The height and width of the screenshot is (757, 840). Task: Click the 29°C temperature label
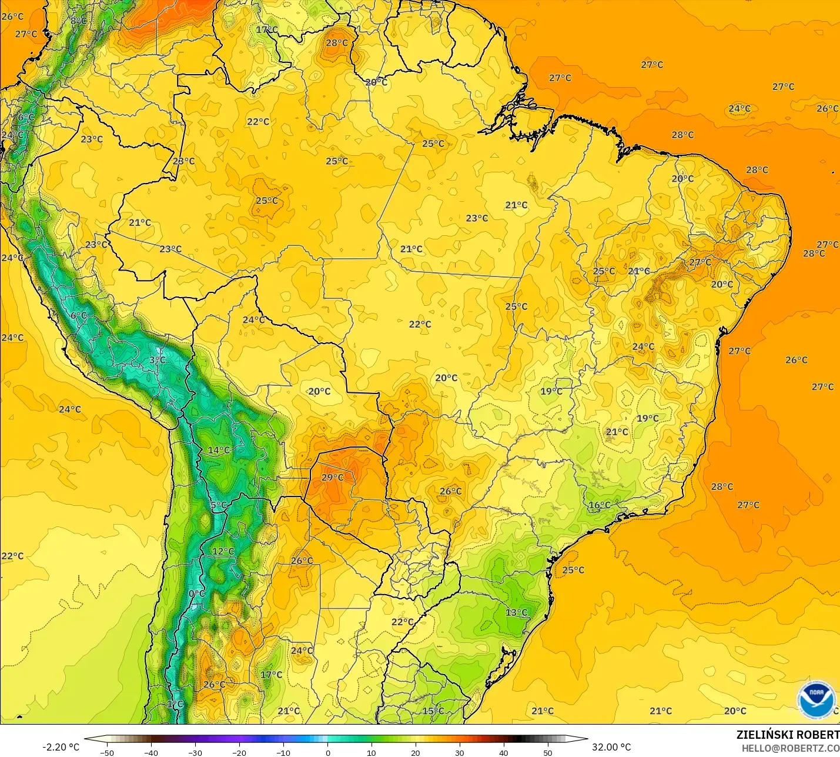click(332, 477)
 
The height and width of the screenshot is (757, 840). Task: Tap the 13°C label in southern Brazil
click(516, 612)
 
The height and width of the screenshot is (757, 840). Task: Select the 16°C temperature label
click(599, 505)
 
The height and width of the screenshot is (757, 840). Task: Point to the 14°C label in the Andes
click(219, 450)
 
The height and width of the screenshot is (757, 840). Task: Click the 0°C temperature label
click(197, 593)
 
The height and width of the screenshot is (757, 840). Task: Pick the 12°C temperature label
click(223, 551)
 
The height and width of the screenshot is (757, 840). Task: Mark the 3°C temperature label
click(157, 360)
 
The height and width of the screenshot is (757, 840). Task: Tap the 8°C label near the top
click(78, 21)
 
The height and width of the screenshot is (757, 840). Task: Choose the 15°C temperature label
click(433, 711)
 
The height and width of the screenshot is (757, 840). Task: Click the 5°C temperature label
click(218, 505)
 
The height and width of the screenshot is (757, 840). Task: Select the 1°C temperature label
click(175, 703)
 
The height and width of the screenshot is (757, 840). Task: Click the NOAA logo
click(816, 699)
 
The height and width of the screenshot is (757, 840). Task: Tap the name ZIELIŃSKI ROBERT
click(788, 735)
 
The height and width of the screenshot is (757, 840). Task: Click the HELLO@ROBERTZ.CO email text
click(790, 748)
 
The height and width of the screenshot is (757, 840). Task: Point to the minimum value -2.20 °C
click(61, 747)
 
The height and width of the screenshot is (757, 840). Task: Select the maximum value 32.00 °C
click(611, 747)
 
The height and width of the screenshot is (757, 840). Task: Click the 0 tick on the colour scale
click(327, 752)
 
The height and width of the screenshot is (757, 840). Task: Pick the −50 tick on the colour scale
click(106, 752)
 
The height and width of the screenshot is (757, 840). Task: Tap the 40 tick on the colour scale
click(504, 752)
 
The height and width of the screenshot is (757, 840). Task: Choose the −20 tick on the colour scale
click(239, 752)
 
